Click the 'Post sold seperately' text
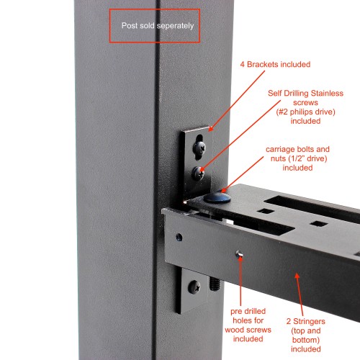pyautogui.click(x=158, y=26)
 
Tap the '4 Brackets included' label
pyautogui.click(x=275, y=64)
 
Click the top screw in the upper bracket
pyautogui.click(x=199, y=148)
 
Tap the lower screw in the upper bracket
pyautogui.click(x=198, y=174)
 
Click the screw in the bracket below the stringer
pyautogui.click(x=194, y=287)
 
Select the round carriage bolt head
pyautogui.click(x=217, y=197)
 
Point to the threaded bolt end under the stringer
pyautogui.click(x=215, y=283)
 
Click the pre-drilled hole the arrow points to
pyautogui.click(x=239, y=254)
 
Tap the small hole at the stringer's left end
pyautogui.click(x=179, y=237)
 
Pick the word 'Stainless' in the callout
pyautogui.click(x=327, y=93)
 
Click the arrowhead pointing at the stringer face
pyautogui.click(x=297, y=276)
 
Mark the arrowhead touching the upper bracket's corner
pyautogui.click(x=211, y=129)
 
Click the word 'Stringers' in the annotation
pyautogui.click(x=309, y=321)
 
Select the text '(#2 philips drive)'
pyautogui.click(x=305, y=112)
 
